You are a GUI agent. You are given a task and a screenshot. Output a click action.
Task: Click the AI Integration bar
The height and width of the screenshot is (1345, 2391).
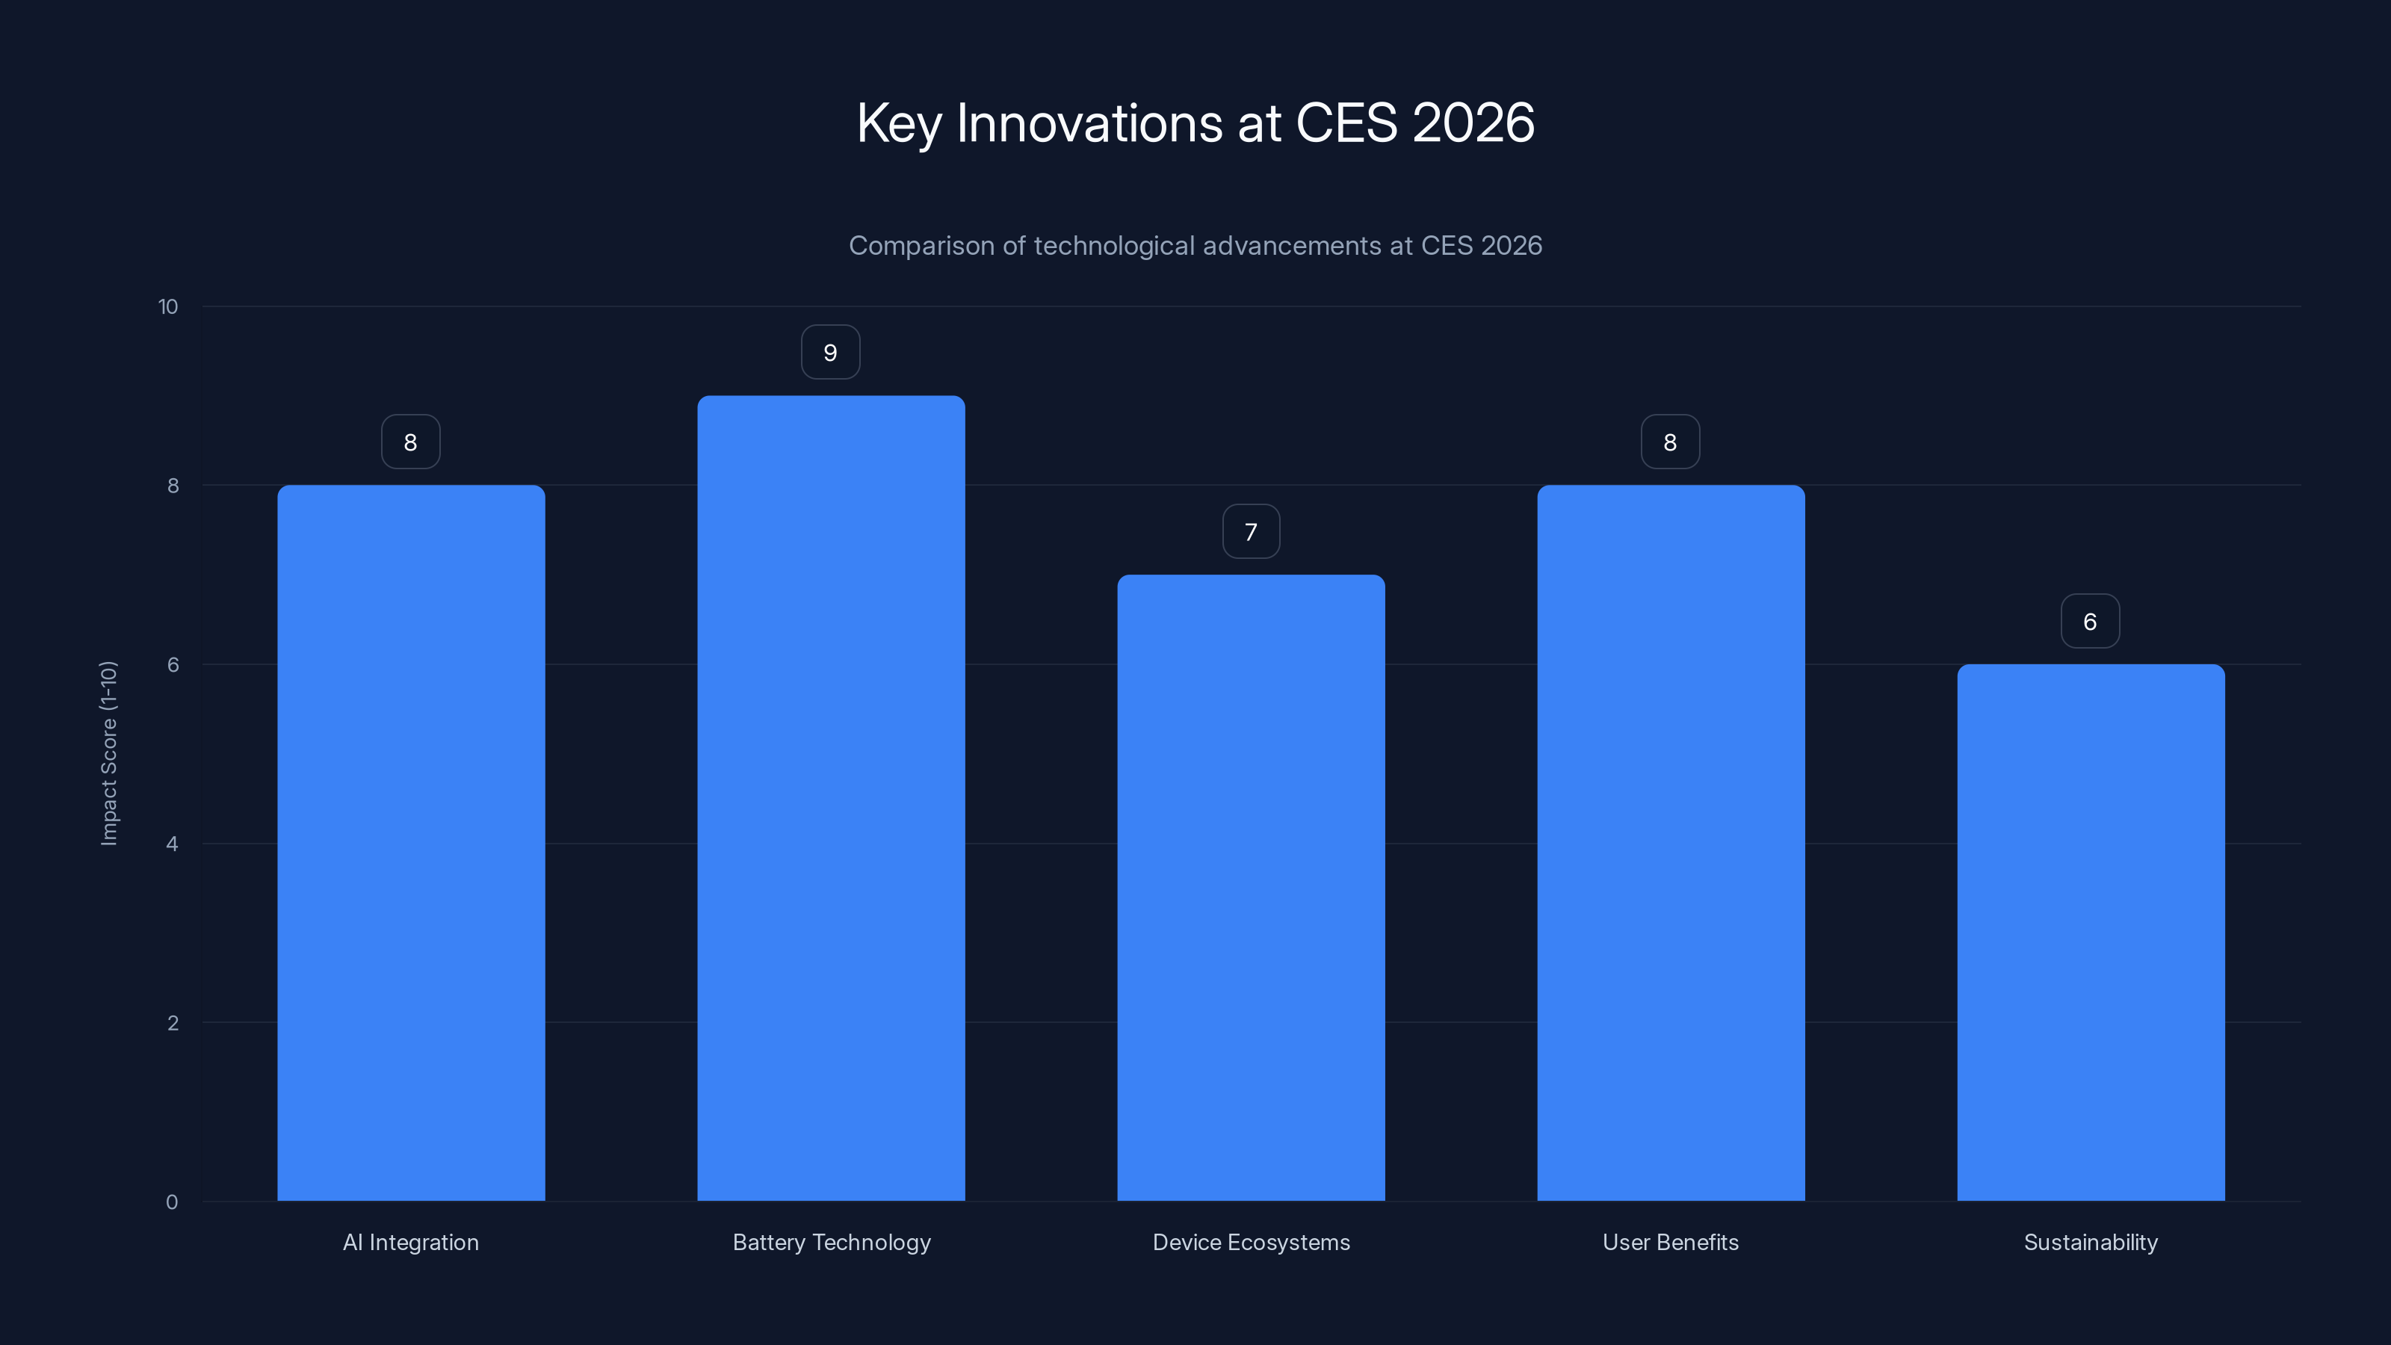410,843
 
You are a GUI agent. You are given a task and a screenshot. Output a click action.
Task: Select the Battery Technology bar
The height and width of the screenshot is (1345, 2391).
831,798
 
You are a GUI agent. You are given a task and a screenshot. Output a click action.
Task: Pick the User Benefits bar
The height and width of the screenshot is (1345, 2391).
1671,843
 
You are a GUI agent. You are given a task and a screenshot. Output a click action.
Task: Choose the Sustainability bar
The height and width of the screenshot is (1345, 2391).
2091,932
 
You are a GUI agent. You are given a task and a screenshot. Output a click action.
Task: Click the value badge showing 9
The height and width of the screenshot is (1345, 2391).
831,353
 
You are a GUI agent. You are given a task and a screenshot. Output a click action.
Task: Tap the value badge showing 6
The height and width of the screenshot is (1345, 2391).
2091,622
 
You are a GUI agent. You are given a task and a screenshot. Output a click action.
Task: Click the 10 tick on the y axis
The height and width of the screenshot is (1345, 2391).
168,307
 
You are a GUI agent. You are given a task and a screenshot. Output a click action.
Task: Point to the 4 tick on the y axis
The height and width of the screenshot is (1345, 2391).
172,844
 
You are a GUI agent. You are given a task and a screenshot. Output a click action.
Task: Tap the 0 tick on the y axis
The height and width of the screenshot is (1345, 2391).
172,1202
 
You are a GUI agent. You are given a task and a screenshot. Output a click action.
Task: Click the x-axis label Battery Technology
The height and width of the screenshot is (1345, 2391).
831,1242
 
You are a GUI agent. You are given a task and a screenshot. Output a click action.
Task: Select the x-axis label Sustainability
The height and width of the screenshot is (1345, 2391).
2091,1242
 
